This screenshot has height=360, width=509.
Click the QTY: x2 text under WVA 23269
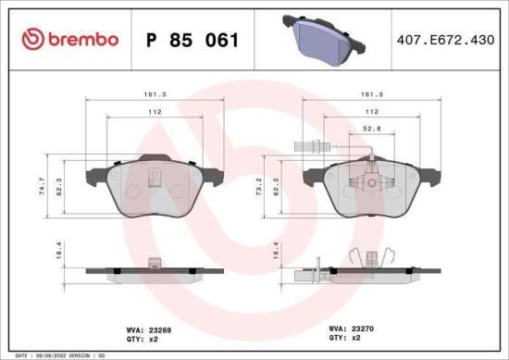145,338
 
